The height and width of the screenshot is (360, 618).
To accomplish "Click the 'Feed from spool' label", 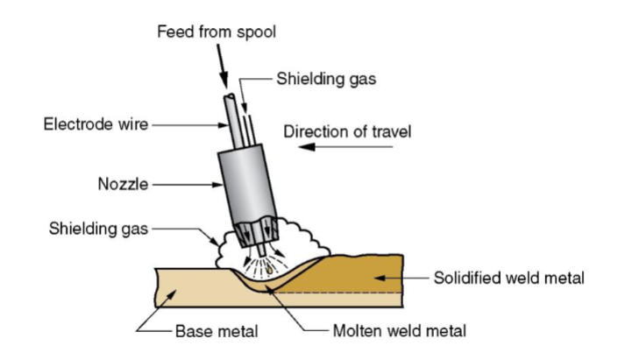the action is tap(217, 32).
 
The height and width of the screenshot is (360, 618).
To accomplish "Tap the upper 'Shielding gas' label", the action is tap(326, 79).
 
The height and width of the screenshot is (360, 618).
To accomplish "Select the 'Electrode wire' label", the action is tap(96, 124).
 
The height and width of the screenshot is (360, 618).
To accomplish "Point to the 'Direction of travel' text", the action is tap(347, 131).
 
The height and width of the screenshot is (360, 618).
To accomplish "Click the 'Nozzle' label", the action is tap(123, 184).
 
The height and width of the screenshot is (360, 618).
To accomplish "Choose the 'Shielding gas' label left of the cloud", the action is tap(98, 229).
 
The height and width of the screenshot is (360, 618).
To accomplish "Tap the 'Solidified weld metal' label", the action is tap(508, 278).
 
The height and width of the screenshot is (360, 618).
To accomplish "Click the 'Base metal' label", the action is tap(217, 331).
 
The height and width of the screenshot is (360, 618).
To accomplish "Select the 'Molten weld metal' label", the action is tap(399, 331).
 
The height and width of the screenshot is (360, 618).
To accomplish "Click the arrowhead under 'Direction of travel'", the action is tap(307, 147).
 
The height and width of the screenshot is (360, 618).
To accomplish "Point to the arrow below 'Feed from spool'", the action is tap(223, 66).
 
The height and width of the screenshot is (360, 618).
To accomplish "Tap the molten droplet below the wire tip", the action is tap(269, 270).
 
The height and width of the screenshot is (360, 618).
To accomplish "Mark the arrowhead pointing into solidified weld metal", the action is tap(380, 278).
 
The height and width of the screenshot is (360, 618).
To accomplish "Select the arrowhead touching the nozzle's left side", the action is tap(217, 184).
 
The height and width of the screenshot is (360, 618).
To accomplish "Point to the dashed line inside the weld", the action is tap(338, 293).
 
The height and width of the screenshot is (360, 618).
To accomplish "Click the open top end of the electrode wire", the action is tap(230, 96).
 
